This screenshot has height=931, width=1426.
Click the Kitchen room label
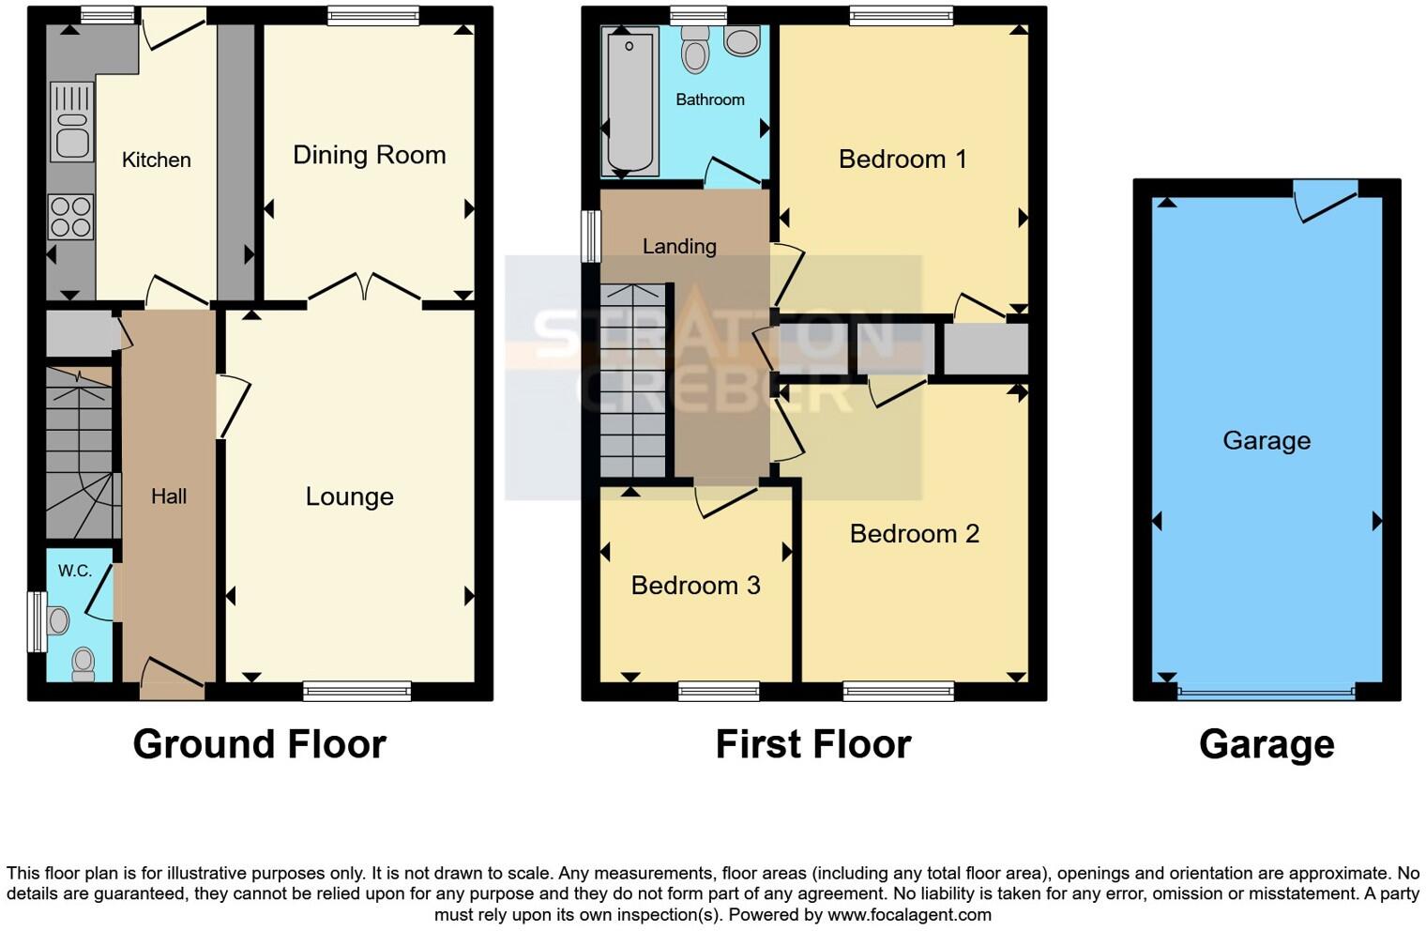click(156, 160)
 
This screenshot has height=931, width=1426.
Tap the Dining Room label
click(370, 156)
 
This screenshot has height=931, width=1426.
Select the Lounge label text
click(350, 496)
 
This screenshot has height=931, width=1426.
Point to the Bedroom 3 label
click(696, 586)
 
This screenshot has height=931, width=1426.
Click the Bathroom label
click(710, 99)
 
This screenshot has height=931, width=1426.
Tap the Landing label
click(679, 246)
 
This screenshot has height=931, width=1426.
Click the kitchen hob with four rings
click(70, 217)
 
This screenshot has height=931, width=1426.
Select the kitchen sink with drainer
click(72, 122)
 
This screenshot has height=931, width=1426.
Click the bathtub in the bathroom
click(630, 100)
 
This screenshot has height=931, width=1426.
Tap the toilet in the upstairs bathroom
click(694, 50)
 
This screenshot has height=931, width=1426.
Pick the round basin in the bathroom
click(742, 40)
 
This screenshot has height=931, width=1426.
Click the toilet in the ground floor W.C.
click(83, 664)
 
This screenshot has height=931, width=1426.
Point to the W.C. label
click(75, 571)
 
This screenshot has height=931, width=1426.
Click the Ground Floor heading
click(260, 744)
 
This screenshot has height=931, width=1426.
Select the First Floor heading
click(813, 744)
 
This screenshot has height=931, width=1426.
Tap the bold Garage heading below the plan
click(1267, 744)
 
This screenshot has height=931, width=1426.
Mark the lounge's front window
click(357, 691)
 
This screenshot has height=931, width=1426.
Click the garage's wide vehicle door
click(1267, 692)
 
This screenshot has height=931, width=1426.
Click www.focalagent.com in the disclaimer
click(909, 915)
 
